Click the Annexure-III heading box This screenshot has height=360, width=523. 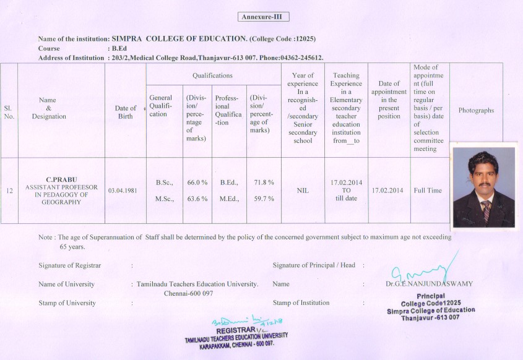tap(264, 17)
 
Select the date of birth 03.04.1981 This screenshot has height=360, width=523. tap(123, 191)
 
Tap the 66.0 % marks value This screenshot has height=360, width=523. tap(196, 182)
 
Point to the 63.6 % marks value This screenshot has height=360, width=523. tap(196, 199)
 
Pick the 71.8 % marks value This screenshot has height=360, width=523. tap(264, 182)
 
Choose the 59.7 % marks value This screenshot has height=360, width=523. tap(264, 199)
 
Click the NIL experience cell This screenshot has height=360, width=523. tap(303, 191)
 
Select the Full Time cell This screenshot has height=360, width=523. tap(428, 191)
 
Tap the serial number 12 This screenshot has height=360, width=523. tap(9, 191)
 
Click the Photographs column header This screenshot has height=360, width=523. tap(476, 110)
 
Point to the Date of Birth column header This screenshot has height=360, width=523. tap(126, 112)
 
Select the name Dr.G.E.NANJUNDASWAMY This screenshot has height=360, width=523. tap(428, 284)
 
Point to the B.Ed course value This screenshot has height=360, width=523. tap(119, 48)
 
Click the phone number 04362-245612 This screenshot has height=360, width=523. tap(298, 58)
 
